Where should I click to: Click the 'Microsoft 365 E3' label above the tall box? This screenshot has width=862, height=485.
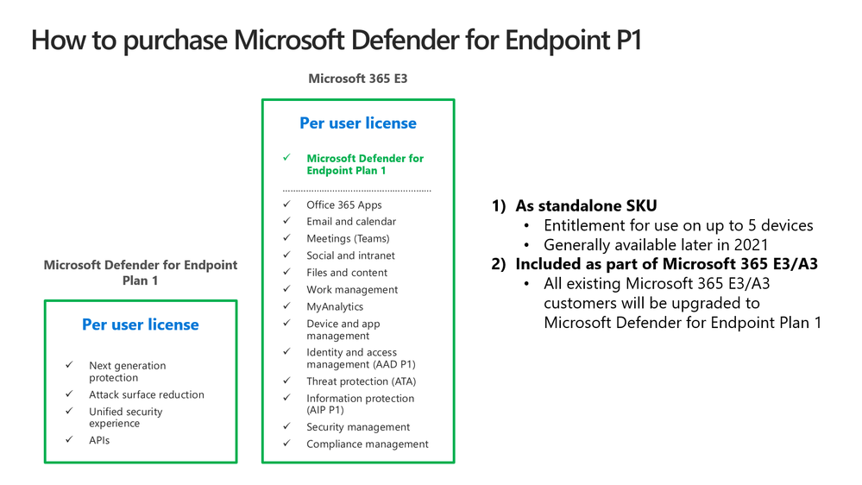tap(358, 79)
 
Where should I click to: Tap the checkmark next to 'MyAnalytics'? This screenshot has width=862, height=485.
tap(286, 305)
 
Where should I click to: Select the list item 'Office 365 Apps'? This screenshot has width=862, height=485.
tap(344, 205)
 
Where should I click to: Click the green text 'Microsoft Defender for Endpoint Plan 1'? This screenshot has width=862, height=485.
tap(365, 165)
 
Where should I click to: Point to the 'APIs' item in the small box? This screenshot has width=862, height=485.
tap(99, 440)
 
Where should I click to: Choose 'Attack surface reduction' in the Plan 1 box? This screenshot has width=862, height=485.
tap(146, 394)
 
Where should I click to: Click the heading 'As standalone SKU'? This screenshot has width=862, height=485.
tap(586, 205)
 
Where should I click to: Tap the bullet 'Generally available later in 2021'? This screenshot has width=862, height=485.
tap(656, 245)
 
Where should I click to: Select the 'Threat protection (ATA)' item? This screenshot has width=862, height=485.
tap(362, 381)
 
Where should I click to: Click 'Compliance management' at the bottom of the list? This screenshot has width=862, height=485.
tap(368, 444)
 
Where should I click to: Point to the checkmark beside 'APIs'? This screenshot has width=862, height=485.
tap(69, 439)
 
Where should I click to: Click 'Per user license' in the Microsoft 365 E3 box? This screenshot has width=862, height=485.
tap(358, 123)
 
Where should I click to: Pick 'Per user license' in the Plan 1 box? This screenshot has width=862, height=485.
tap(140, 324)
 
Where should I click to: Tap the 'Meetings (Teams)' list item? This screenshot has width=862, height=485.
tap(348, 239)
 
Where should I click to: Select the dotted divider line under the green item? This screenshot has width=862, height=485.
tap(356, 191)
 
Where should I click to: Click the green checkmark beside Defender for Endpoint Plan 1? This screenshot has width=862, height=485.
tap(286, 157)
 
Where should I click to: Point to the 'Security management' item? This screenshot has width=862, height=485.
tap(358, 426)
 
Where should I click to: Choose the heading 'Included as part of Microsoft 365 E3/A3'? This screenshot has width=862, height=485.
tap(666, 264)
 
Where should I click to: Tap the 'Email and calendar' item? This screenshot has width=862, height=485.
tap(351, 221)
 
